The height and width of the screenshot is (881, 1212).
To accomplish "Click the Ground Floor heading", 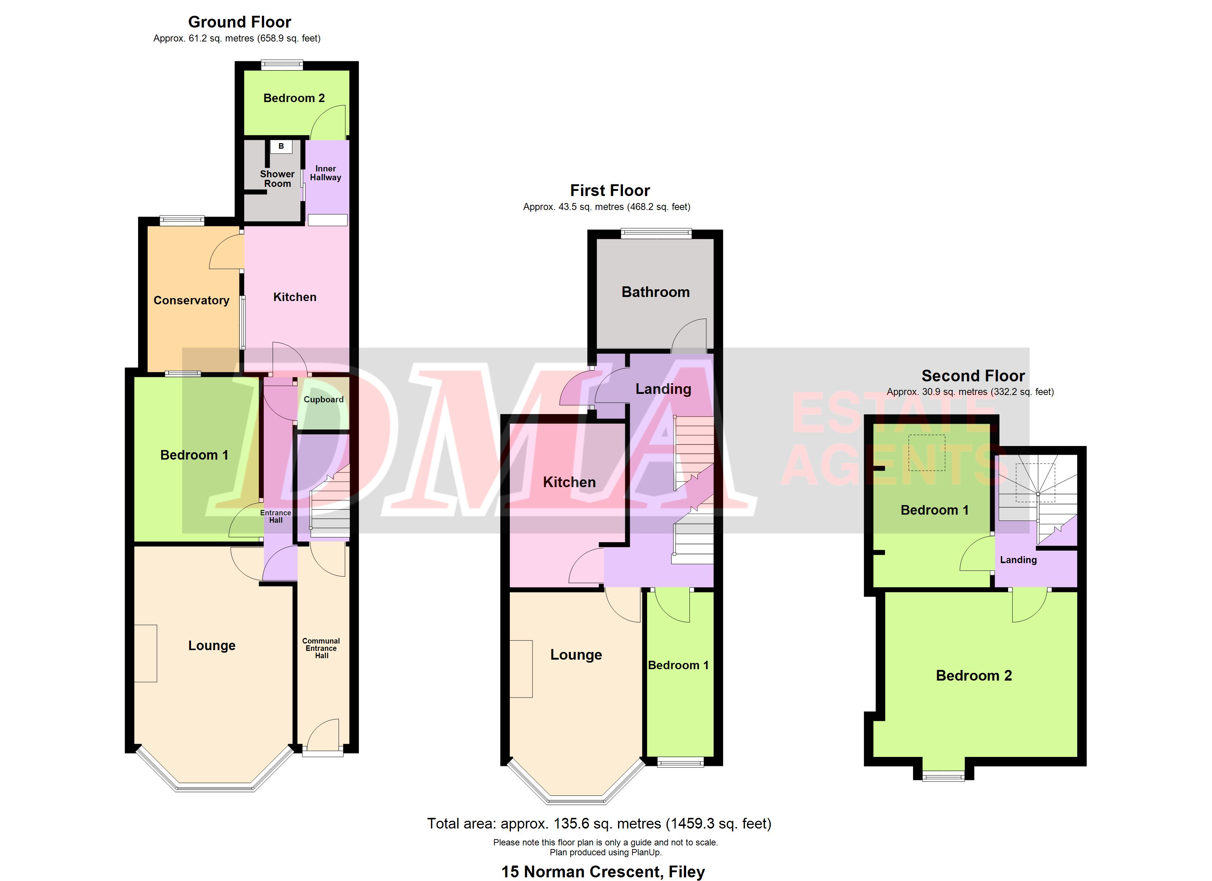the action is (239, 22).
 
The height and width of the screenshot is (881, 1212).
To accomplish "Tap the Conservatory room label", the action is (191, 300).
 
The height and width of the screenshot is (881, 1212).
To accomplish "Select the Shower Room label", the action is (277, 178).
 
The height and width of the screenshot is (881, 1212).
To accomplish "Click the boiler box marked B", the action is (281, 146).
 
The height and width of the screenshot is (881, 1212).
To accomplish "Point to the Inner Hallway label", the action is (325, 173).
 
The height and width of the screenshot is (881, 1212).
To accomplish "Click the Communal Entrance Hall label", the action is (321, 648).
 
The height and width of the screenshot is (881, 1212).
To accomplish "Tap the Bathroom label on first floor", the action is (656, 292).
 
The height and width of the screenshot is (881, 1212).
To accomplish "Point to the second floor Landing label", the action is (1018, 560).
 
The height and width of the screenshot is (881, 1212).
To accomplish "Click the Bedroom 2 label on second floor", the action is (974, 675).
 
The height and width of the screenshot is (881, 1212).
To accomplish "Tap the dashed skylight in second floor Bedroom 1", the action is (927, 453).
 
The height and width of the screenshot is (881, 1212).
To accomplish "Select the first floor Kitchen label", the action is (569, 482).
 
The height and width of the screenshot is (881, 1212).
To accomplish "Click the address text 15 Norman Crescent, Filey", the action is (603, 871).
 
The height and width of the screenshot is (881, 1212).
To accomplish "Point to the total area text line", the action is (599, 823).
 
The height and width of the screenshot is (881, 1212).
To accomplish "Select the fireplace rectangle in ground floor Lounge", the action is (145, 653).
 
